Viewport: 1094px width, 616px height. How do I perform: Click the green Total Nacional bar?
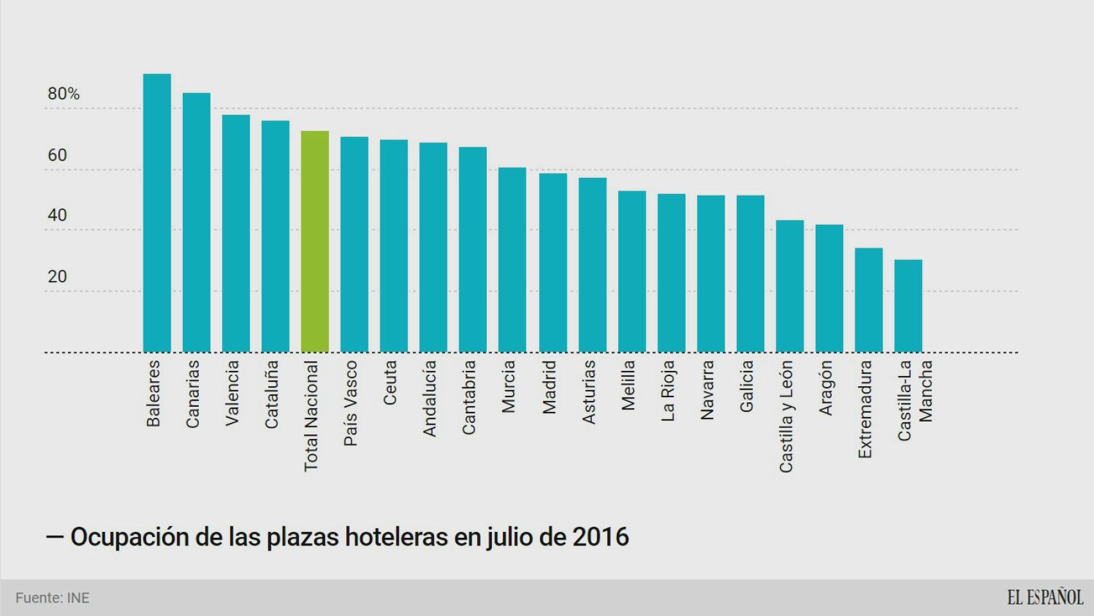pos(315,242)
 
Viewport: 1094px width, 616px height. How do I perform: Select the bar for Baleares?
pos(157,213)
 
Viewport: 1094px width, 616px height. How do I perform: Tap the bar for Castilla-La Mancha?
pos(908,306)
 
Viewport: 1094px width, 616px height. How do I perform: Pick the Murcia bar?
pos(512,260)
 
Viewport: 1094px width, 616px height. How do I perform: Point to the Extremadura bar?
pos(869,300)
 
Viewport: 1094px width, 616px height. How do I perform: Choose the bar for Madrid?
pos(553,263)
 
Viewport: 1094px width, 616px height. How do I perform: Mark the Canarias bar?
pos(196,223)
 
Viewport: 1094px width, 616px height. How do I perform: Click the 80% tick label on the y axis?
pos(63,94)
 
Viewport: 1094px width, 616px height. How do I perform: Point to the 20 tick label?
pos(57,277)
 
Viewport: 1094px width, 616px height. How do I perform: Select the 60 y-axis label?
pos(57,155)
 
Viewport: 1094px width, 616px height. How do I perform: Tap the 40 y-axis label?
pos(57,216)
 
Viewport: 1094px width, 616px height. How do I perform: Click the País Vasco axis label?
pos(350,403)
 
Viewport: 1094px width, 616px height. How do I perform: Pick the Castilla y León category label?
pos(786,416)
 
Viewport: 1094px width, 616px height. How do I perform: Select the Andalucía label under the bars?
pos(429,398)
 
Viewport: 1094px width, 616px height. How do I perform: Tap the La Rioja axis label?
pos(668,391)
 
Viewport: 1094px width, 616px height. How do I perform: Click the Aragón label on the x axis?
pos(826,388)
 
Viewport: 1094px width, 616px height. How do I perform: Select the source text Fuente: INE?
pos(53,598)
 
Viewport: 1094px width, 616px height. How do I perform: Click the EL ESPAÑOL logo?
pos(1045,597)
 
